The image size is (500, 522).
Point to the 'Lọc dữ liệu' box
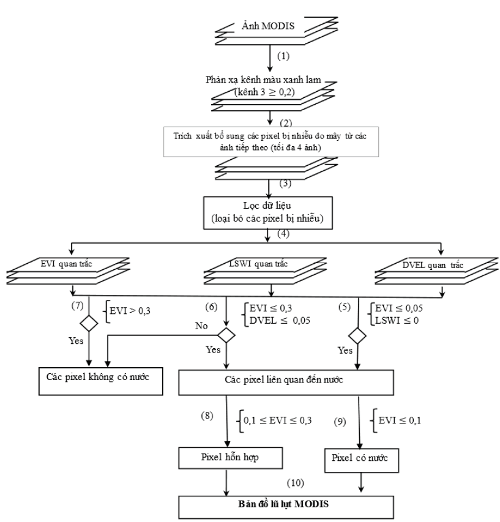270,211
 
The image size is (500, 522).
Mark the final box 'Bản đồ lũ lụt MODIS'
283,506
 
